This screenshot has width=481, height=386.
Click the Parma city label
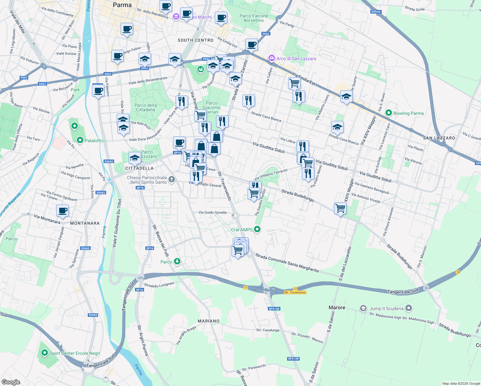coord(122,5)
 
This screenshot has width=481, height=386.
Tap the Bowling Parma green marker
coord(388,113)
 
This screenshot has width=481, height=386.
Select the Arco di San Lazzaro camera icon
coord(272,58)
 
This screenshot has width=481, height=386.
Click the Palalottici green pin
coord(80,140)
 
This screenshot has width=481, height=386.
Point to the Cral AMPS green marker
coord(257,229)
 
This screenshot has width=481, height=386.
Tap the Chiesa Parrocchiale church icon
coord(172,179)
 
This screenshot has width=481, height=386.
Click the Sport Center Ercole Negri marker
coord(44,353)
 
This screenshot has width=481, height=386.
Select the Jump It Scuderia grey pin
coord(409,308)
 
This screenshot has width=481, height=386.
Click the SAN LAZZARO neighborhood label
coord(439,138)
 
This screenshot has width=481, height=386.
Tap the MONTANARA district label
coord(85,223)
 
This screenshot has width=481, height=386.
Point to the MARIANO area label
coord(208,321)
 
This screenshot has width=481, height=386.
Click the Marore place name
coord(337,308)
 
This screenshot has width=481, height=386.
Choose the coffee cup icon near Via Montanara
coord(63,211)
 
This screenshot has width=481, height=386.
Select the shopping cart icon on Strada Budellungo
coord(340,208)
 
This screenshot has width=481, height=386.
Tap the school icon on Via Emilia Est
coord(346,97)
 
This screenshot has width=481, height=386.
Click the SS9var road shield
coord(376,12)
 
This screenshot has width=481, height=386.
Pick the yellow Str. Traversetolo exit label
coord(295,292)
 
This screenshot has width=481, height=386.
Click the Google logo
coord(11,382)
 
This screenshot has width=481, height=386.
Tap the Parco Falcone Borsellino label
coord(254,18)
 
